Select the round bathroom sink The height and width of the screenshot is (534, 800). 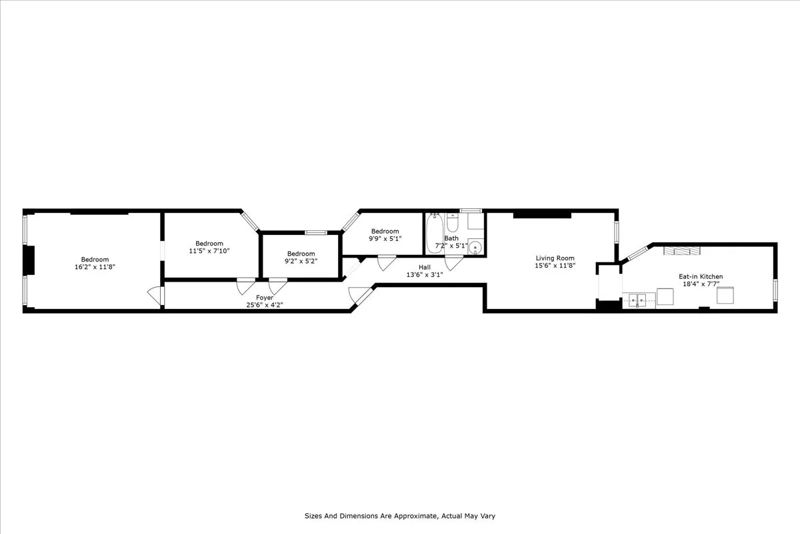475,248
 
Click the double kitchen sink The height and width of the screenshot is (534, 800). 639,300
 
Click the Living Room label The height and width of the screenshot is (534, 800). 555,258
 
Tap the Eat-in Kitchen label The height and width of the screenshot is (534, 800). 701,276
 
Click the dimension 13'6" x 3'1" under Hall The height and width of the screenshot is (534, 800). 425,274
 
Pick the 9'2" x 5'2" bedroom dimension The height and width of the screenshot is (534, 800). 301,261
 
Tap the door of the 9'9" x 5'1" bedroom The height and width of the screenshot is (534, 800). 386,263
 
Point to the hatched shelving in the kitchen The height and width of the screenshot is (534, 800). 681,250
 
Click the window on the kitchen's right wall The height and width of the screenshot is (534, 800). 775,288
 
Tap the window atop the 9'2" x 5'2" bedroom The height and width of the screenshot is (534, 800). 315,232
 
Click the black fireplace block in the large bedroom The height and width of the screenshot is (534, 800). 29,260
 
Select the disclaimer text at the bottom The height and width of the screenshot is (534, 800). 400,516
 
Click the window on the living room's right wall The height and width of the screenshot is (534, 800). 617,231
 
